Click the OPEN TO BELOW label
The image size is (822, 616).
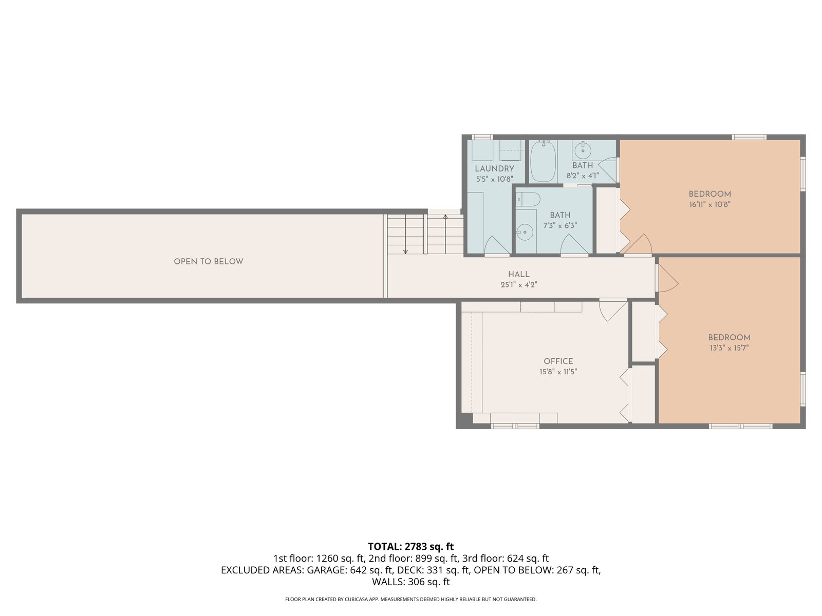(x=208, y=261)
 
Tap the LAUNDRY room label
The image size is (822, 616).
(x=494, y=169)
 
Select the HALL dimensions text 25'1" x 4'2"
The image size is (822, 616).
(x=519, y=284)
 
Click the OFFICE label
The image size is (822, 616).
(x=558, y=361)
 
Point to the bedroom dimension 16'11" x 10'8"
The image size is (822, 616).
(x=709, y=205)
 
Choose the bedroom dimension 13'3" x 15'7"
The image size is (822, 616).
(x=728, y=348)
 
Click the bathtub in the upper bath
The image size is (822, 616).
(x=544, y=162)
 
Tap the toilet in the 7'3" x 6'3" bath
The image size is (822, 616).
(x=528, y=199)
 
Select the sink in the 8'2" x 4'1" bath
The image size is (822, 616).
(x=583, y=151)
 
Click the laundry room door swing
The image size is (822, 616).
(x=497, y=245)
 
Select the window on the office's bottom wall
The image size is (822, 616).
(x=515, y=426)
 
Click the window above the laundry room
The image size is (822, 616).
(x=481, y=137)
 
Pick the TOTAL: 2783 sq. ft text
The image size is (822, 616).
(x=411, y=546)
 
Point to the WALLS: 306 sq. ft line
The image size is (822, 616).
(x=411, y=582)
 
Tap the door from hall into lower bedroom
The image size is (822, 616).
(x=666, y=279)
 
